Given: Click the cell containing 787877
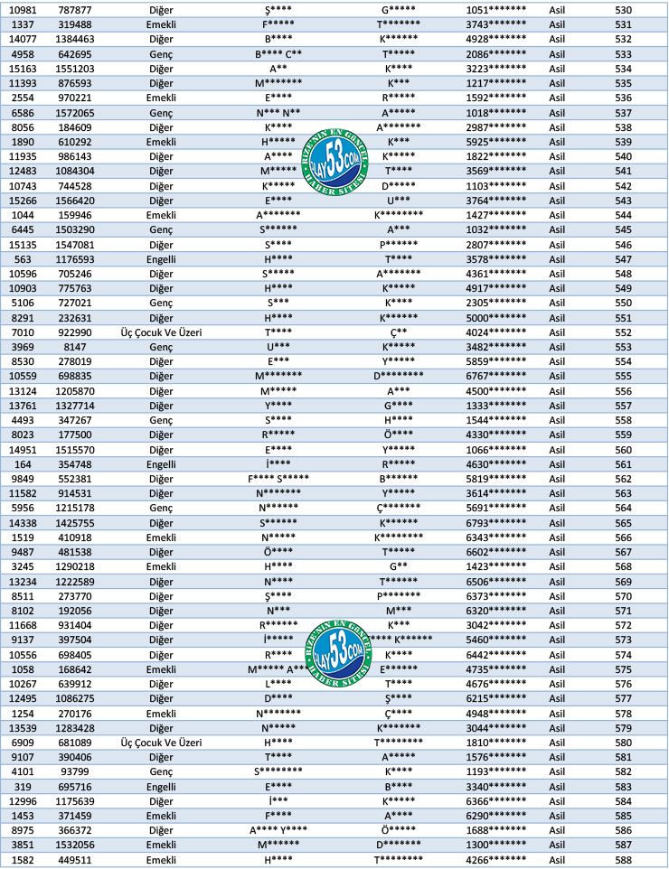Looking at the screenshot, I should tap(73, 10).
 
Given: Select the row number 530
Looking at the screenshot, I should tap(623, 10).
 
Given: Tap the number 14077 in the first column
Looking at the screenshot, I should tap(24, 39).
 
